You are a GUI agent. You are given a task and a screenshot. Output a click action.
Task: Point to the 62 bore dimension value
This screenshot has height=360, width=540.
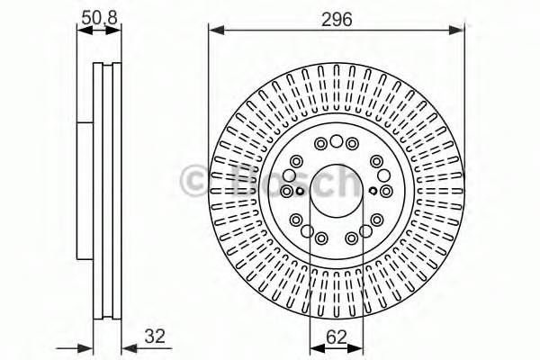337,337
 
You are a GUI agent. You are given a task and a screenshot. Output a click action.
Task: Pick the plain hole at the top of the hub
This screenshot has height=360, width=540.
337,141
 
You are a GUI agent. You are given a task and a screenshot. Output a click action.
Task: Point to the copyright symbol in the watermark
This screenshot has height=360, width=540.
193,179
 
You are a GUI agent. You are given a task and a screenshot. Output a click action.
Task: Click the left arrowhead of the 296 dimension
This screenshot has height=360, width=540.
214,31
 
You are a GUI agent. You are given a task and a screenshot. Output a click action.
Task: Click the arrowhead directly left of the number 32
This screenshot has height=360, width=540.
126,346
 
